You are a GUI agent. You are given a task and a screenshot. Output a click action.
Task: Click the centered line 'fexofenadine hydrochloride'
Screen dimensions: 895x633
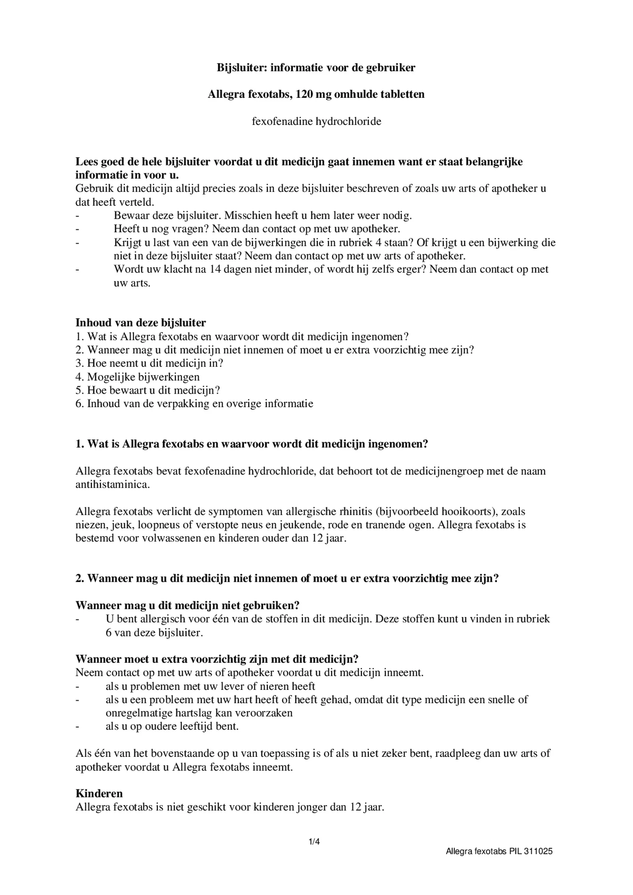coord(316,122)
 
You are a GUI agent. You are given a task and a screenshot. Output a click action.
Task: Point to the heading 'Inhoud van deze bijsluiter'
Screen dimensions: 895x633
coord(141,323)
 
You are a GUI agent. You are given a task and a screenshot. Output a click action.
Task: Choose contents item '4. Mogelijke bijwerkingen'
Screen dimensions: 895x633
coord(138,377)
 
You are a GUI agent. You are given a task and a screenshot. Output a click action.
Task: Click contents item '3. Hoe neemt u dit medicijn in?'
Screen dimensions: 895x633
coord(149,363)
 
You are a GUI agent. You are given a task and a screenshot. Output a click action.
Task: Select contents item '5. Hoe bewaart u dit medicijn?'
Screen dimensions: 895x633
coord(148,390)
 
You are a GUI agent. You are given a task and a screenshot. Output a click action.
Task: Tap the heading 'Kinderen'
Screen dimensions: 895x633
coord(99,793)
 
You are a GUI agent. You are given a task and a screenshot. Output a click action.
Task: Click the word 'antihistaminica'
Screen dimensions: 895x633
coord(112,485)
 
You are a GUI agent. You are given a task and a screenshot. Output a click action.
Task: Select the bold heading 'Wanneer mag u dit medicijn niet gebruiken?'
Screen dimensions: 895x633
coord(188,606)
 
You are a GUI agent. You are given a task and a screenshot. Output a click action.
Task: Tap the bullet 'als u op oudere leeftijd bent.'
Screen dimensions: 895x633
coord(172,726)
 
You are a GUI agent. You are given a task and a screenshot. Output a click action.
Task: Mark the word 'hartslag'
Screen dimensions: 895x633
coord(195,713)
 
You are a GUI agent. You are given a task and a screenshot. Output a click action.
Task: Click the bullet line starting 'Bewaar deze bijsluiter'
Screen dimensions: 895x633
coord(263,216)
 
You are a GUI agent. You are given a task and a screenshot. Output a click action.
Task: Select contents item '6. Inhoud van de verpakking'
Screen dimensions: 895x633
coord(194,403)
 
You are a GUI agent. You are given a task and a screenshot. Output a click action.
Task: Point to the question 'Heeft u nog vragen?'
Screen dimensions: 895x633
coord(161,229)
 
